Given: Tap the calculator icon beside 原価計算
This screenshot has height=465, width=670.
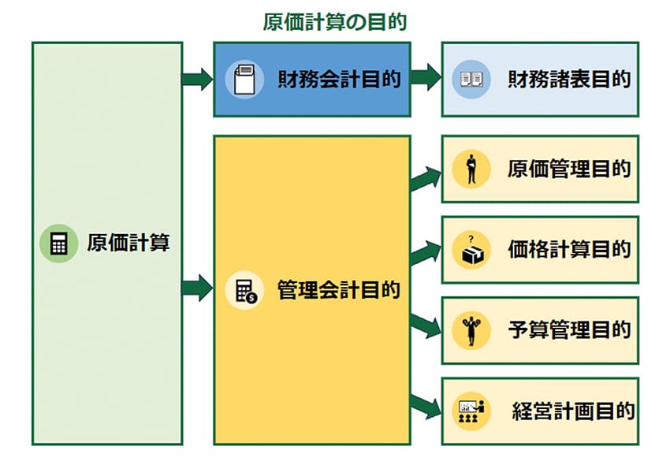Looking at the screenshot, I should point(58,244).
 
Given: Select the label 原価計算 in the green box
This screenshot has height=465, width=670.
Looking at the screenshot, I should point(128,243).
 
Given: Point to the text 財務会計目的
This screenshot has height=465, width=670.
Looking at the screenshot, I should point(339,80).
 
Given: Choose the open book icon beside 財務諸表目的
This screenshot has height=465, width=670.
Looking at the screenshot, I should point(471,80).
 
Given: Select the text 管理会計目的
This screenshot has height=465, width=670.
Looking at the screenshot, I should point(339,289).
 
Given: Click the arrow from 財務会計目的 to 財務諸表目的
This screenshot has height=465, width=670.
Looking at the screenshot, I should point(425,79).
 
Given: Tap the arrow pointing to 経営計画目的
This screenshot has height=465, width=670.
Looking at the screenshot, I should point(426,404).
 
